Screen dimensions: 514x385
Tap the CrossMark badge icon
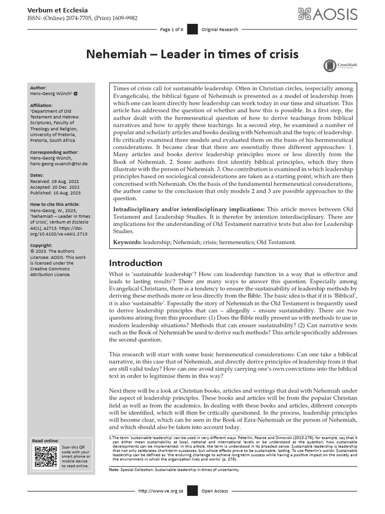click(x=330, y=65)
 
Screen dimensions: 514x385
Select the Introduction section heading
click(x=135, y=263)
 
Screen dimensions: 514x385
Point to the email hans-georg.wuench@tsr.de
click(x=60, y=164)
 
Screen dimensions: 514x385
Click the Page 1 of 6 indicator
click(x=171, y=30)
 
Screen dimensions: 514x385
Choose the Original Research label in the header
click(x=220, y=30)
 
